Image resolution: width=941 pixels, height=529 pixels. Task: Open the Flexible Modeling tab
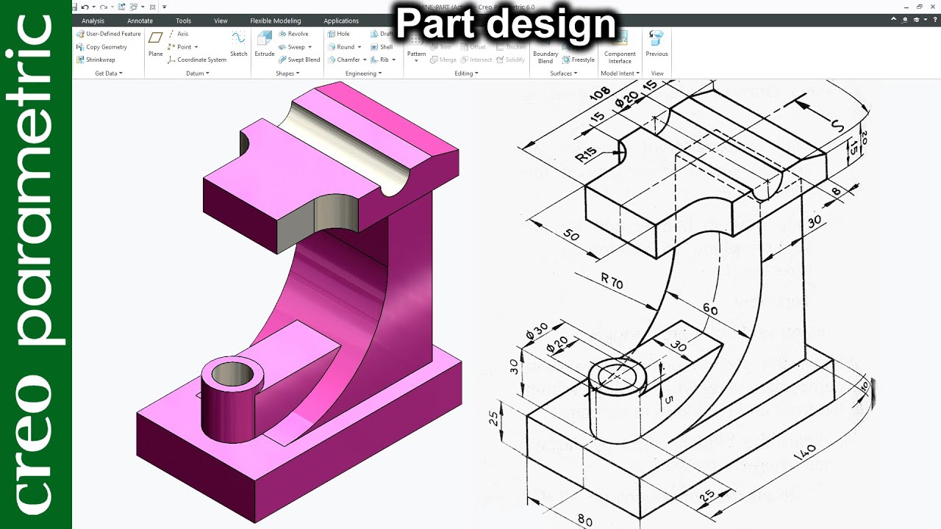(x=276, y=21)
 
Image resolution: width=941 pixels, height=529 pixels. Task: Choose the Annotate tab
(x=140, y=21)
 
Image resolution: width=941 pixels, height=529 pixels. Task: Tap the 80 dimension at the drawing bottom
(x=585, y=520)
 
